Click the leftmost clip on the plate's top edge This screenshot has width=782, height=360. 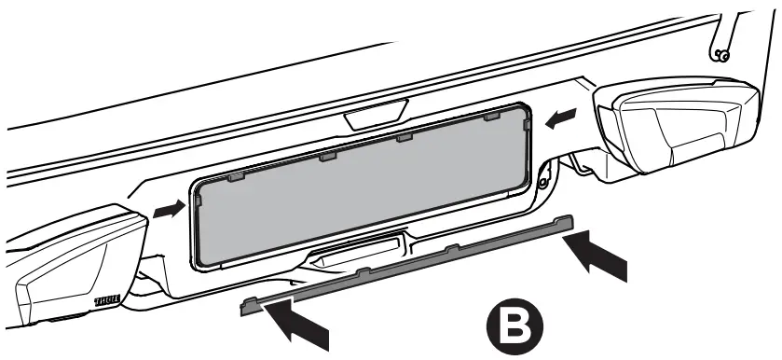pos(235,174)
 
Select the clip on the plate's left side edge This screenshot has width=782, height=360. pos(198,198)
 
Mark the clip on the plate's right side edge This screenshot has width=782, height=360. pos(528,124)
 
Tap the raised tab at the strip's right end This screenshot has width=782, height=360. pos(560,220)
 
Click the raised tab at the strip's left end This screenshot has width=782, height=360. pos(250,302)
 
